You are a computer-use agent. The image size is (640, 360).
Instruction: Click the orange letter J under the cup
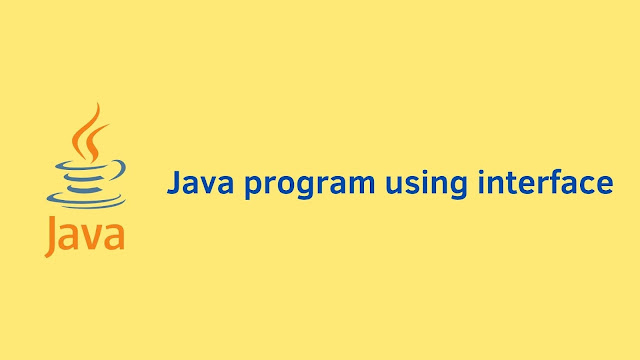[52, 236]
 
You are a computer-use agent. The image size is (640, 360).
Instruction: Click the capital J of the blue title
[172, 184]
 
